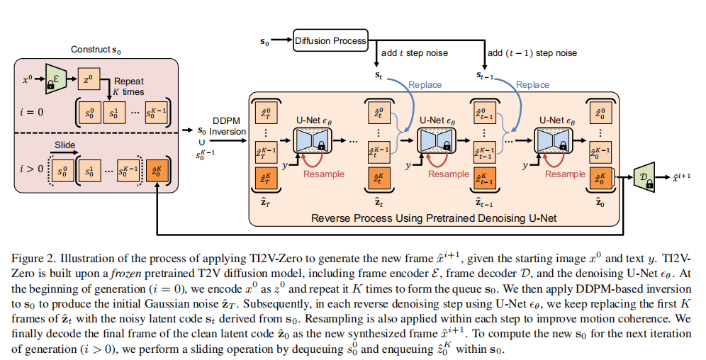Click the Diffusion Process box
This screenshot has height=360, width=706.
[330, 40]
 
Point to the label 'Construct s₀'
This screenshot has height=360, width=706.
[96, 50]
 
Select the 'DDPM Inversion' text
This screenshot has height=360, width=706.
[228, 126]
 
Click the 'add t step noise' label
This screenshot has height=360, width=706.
[415, 53]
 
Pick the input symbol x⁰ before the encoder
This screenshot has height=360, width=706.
[27, 79]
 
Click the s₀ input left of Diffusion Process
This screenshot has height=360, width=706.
[265, 41]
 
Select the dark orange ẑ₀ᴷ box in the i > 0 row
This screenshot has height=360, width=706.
[157, 172]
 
